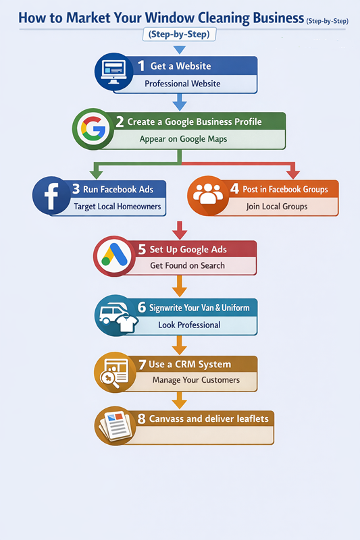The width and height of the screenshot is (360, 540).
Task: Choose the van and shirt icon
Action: click(115, 314)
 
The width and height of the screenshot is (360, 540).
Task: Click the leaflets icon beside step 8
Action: click(114, 425)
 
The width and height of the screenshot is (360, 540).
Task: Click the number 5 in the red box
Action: click(142, 249)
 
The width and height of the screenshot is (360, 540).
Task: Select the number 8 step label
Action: click(141, 418)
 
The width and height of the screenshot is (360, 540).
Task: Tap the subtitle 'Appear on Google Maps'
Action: click(183, 139)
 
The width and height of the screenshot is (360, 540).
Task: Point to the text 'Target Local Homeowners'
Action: click(118, 206)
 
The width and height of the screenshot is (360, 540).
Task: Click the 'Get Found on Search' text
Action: click(187, 266)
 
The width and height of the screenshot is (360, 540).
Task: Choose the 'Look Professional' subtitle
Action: click(189, 325)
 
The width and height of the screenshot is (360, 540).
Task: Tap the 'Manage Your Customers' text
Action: click(196, 380)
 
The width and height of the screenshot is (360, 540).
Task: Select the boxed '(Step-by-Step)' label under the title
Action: click(179, 34)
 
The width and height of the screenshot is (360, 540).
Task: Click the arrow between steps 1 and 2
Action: click(179, 103)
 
